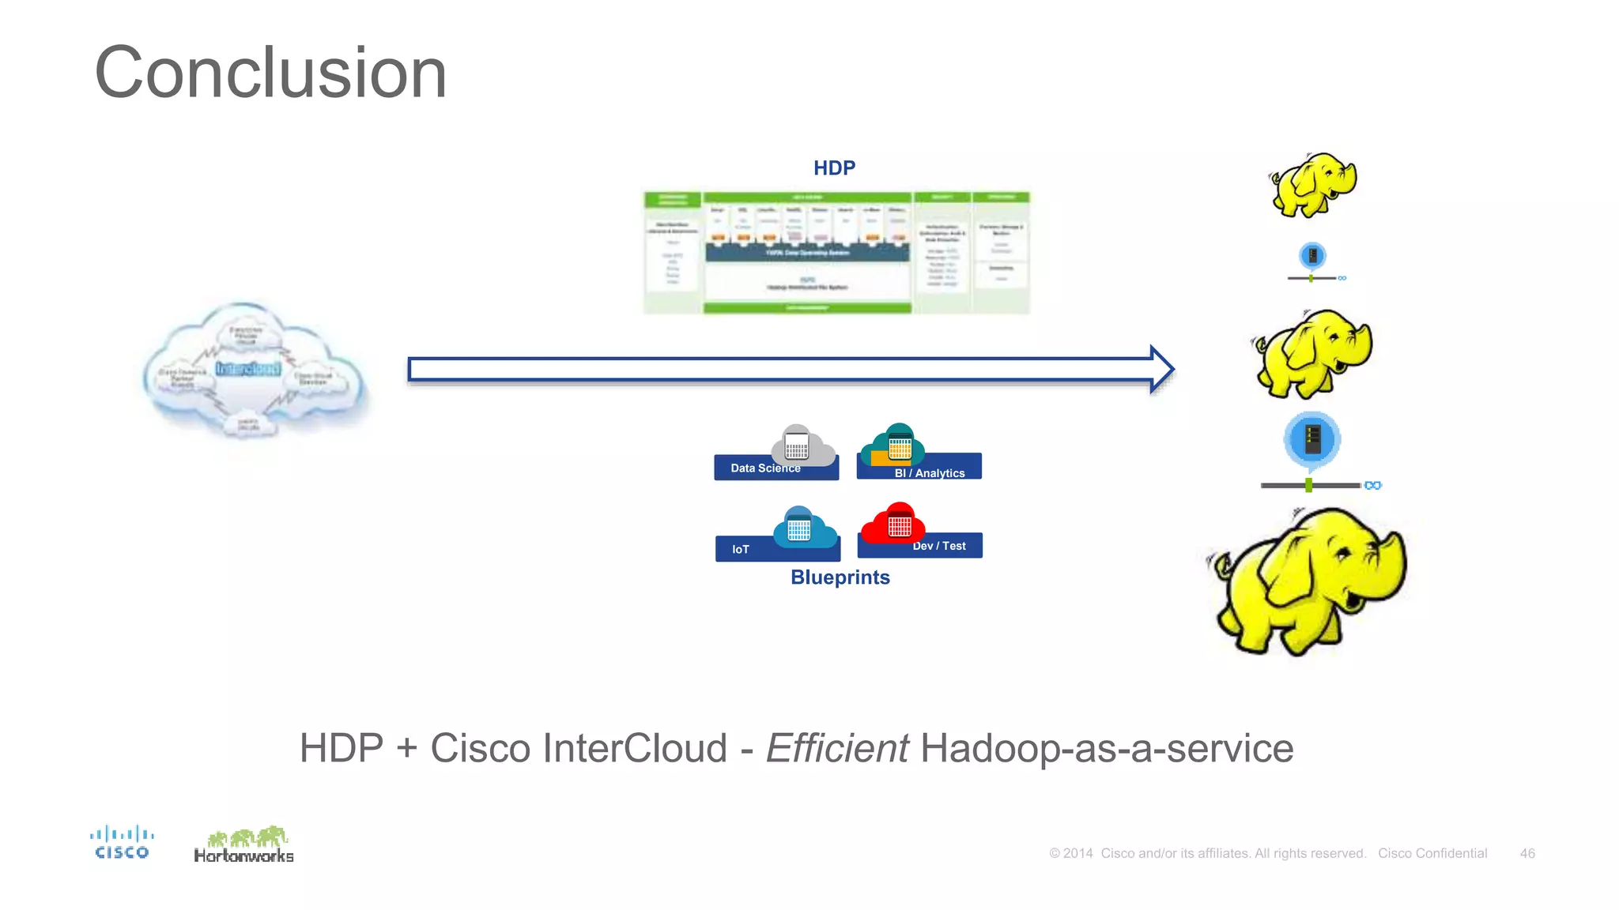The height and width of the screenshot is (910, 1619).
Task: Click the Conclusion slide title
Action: point(270,73)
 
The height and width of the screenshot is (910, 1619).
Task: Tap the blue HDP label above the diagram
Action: point(834,168)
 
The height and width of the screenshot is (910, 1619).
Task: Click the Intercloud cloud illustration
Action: point(253,370)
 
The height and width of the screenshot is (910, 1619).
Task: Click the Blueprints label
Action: point(840,577)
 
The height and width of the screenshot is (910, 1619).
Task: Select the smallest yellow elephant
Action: point(1312,185)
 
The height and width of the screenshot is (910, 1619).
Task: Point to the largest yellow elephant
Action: point(1308,581)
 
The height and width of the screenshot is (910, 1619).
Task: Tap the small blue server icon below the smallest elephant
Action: point(1312,256)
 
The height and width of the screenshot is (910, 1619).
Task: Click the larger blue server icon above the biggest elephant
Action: point(1312,439)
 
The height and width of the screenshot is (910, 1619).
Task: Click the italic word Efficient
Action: point(837,748)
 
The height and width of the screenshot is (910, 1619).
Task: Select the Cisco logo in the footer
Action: point(121,842)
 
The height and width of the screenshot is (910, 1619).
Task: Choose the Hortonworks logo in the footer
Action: point(243,845)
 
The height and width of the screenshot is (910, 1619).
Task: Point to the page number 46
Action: point(1527,853)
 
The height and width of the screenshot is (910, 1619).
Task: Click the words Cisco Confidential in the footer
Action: point(1432,853)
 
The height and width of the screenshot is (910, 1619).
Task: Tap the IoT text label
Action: point(740,549)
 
